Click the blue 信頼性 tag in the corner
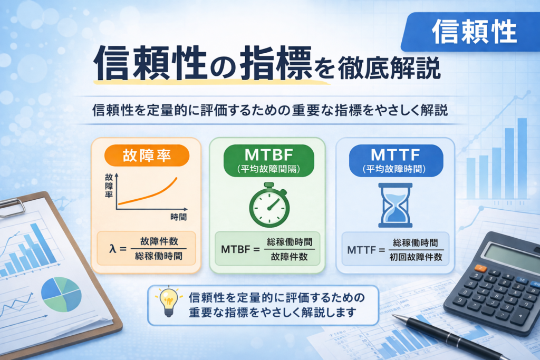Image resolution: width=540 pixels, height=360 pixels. [470, 32]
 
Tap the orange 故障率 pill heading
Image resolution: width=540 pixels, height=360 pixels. [147, 155]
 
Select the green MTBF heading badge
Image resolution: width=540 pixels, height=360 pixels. [268, 160]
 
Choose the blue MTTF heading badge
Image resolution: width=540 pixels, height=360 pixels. [396, 160]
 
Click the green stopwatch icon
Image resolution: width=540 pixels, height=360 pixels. [269, 205]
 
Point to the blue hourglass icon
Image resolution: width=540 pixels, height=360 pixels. [396, 205]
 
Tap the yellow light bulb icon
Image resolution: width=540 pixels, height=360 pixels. [168, 301]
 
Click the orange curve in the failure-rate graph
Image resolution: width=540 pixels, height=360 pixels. [148, 194]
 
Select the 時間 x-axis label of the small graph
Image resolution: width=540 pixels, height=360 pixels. [178, 217]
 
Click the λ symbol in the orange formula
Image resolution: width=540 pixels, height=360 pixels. [113, 248]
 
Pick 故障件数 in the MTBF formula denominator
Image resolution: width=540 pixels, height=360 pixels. [290, 257]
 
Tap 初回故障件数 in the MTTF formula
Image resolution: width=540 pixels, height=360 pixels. [416, 257]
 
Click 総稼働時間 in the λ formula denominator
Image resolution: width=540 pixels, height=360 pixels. [159, 256]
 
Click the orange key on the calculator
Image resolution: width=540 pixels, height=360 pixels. [480, 268]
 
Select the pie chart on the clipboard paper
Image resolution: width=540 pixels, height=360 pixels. [61, 294]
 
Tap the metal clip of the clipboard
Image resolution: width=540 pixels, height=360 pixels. [12, 208]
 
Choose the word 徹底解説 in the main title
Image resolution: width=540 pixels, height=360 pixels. [389, 68]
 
